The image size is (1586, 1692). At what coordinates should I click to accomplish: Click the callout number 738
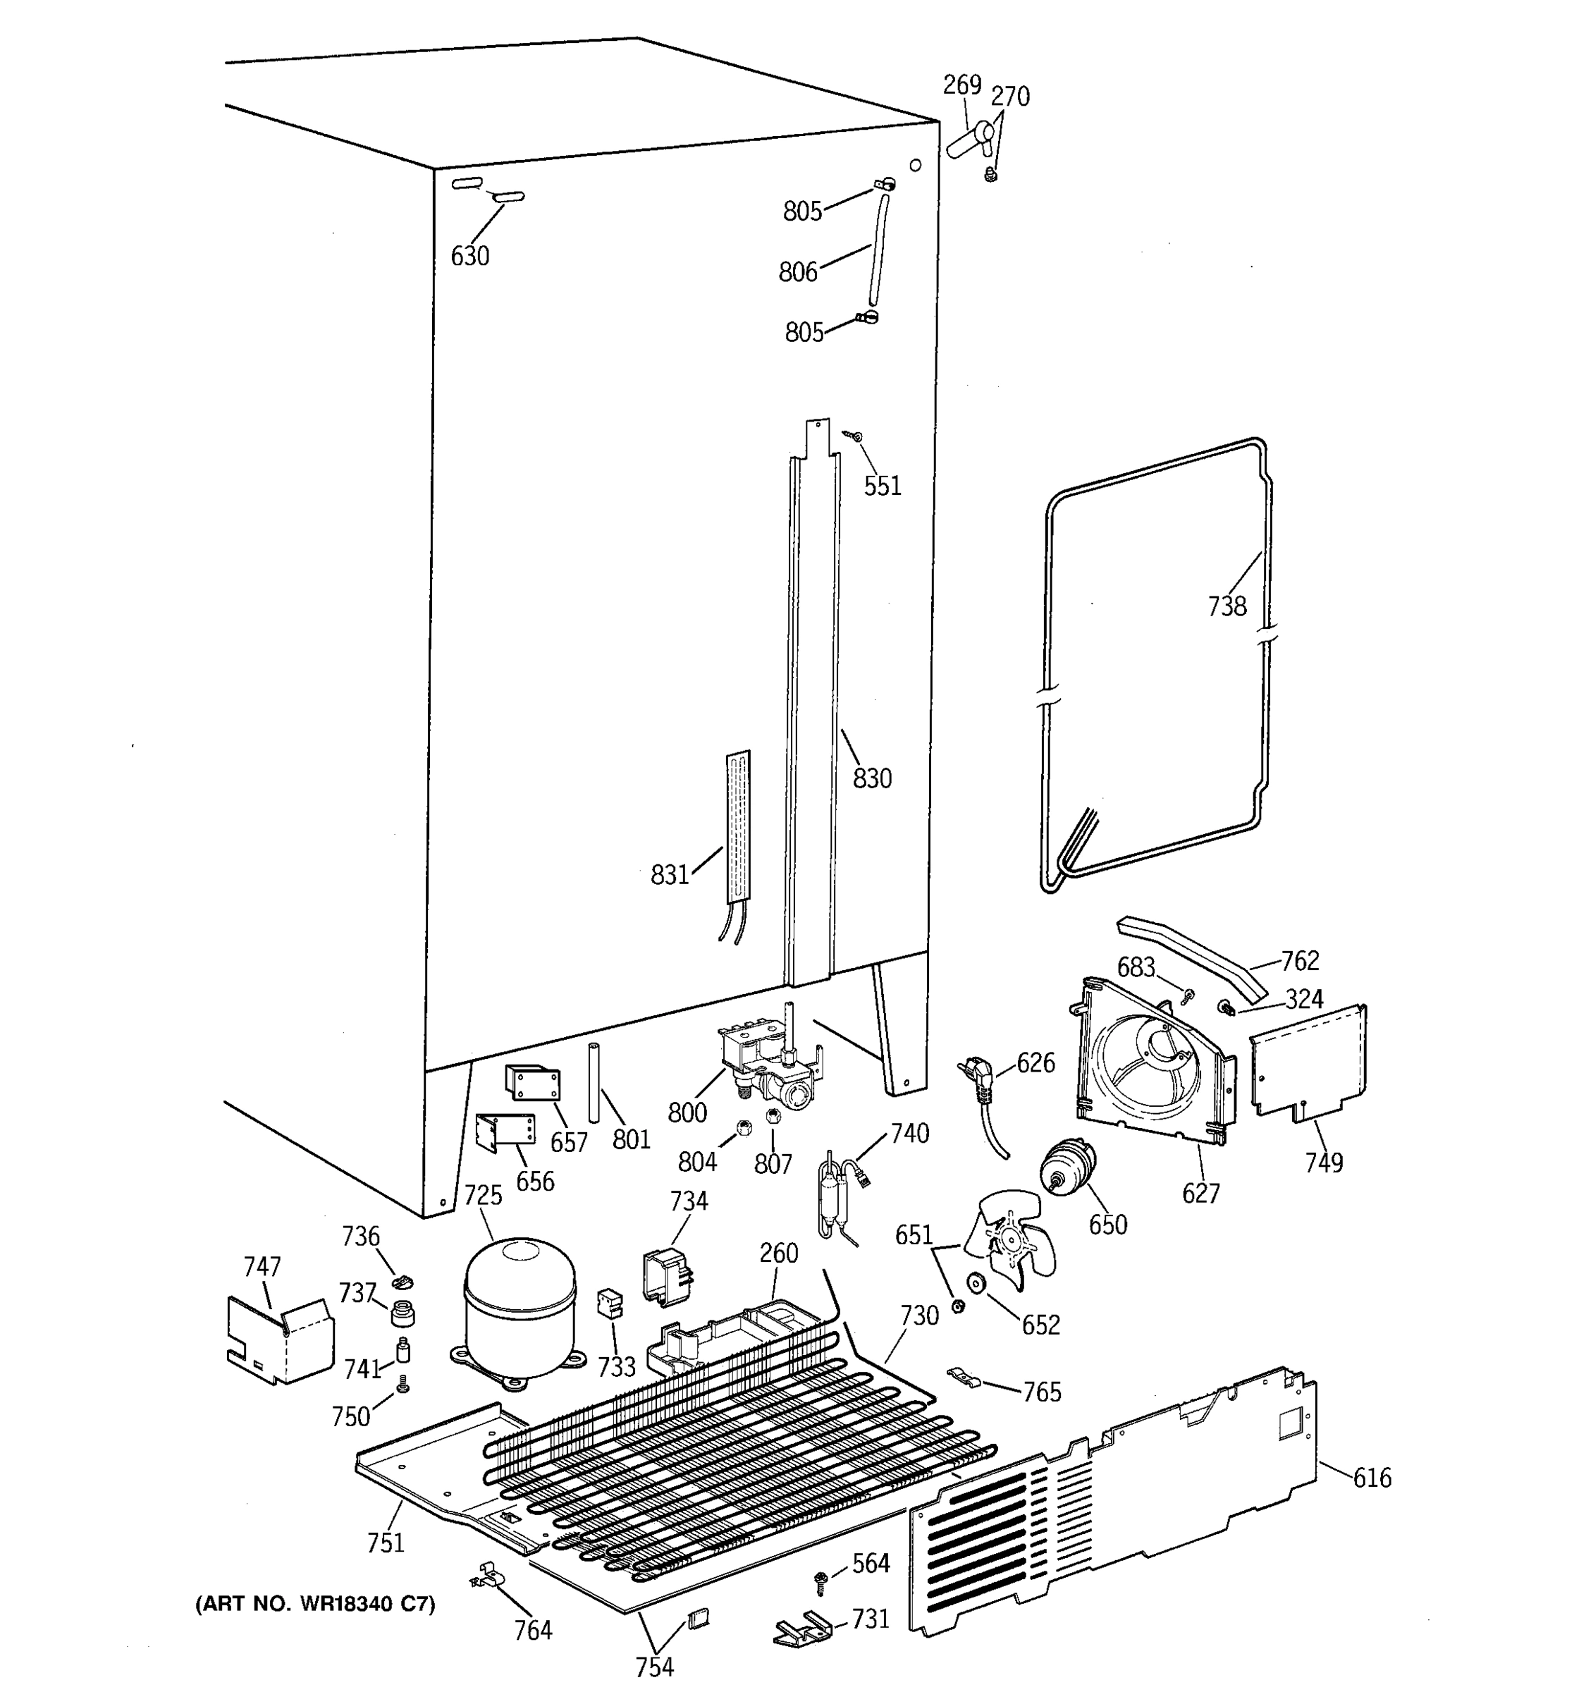(1227, 606)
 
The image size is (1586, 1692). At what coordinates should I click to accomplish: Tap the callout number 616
(1372, 1478)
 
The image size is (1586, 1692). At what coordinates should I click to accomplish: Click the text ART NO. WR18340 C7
(316, 1605)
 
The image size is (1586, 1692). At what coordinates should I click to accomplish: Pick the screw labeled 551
(854, 436)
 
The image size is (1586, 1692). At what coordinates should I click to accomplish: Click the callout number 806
(797, 271)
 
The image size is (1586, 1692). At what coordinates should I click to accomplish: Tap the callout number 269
(961, 85)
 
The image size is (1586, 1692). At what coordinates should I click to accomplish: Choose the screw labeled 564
(822, 1581)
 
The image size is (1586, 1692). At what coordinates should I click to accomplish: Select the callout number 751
(386, 1541)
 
